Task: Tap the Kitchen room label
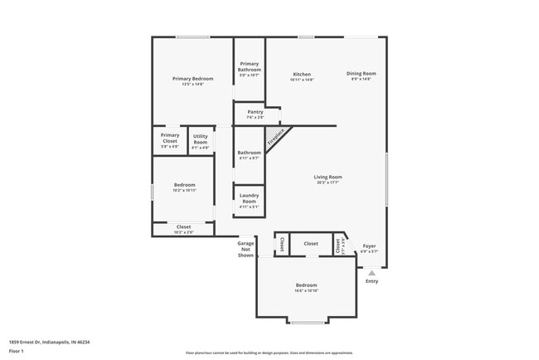point(302,74)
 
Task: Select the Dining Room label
point(362,74)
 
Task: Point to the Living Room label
point(328,177)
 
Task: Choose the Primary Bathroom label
point(249,66)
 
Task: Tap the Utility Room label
point(200,139)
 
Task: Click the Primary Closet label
point(170,137)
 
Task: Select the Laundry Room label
point(249,198)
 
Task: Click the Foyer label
point(369,246)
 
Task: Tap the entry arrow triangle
point(371,272)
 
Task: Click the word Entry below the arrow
point(371,281)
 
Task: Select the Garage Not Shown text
point(245,249)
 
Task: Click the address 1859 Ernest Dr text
point(49,341)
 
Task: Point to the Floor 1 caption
point(17,351)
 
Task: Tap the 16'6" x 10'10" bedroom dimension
point(307,291)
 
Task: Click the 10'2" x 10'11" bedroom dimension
point(184,190)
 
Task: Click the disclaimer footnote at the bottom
point(269,352)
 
